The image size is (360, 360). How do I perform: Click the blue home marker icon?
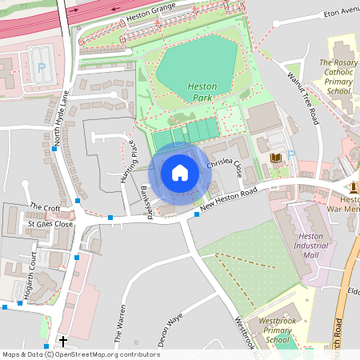coord(180,173)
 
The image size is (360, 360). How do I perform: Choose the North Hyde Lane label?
coord(61,118)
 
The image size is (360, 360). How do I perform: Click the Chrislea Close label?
coord(224,163)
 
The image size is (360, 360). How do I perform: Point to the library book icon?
coord(275,158)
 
